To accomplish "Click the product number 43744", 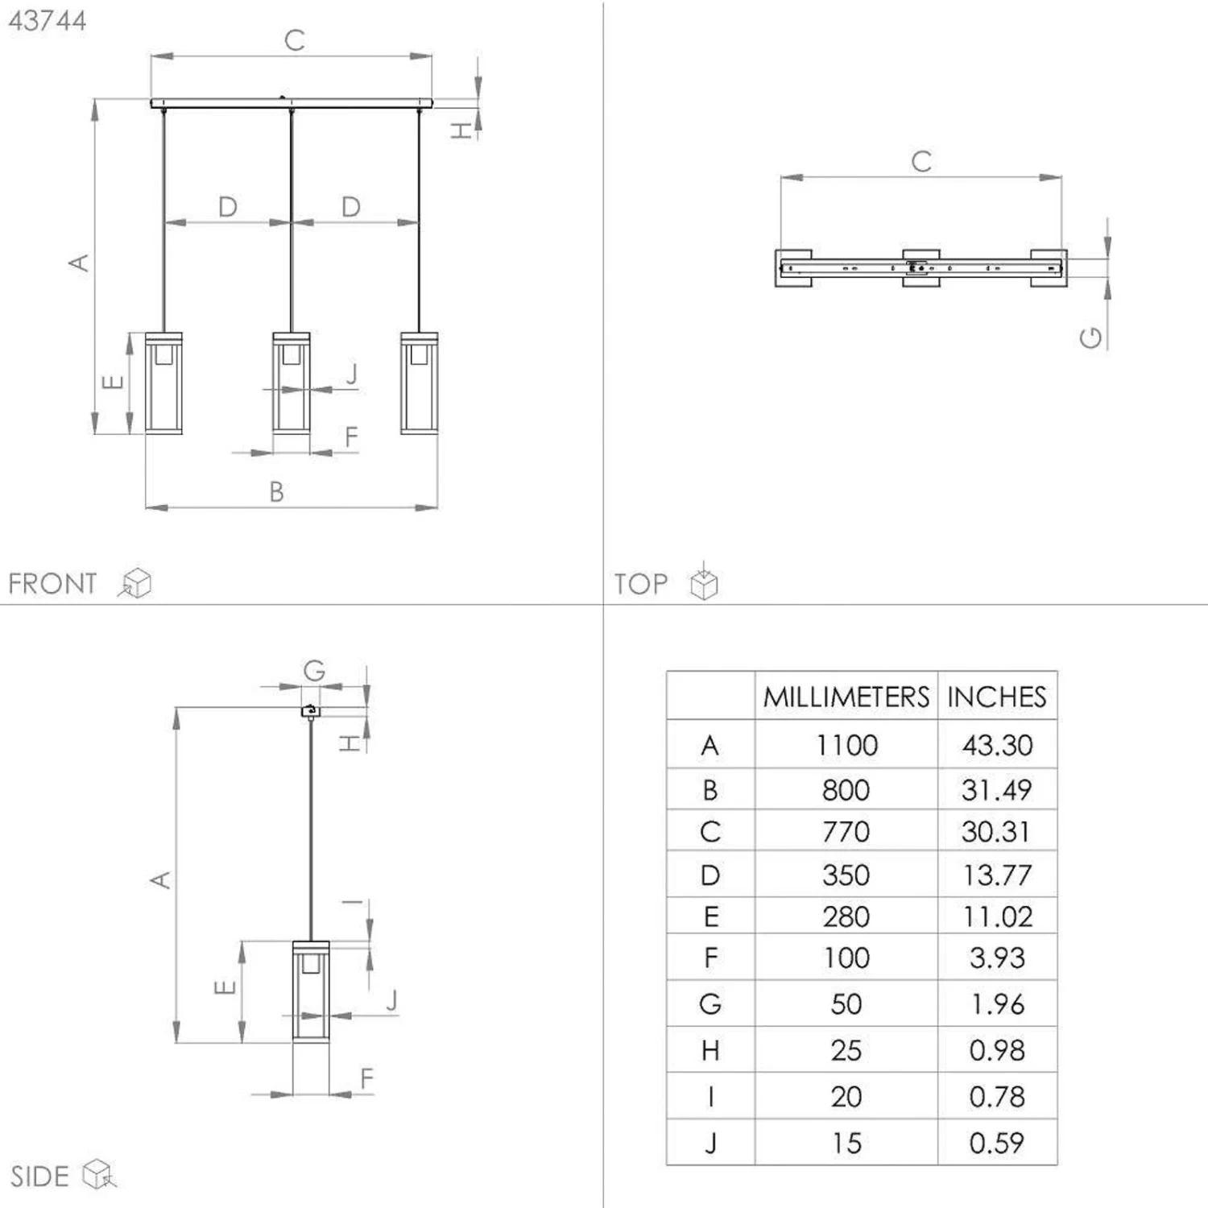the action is (47, 20).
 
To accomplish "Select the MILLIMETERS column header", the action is (846, 697).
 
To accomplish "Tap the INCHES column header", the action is (996, 697).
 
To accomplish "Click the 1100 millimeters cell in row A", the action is (846, 745).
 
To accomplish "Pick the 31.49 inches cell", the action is (996, 790).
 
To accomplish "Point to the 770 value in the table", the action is (846, 831).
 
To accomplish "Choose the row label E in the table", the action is (710, 916).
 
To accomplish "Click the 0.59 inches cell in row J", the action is (996, 1143).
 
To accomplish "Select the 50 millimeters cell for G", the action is (846, 1004).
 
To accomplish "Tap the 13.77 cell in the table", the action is (997, 875).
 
